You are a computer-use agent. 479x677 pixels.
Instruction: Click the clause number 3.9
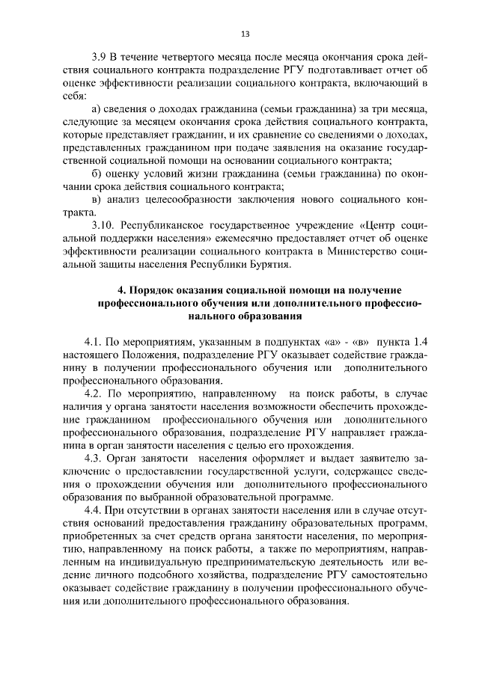pyautogui.click(x=99, y=56)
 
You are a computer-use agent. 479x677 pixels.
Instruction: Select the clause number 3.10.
pyautogui.click(x=103, y=224)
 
